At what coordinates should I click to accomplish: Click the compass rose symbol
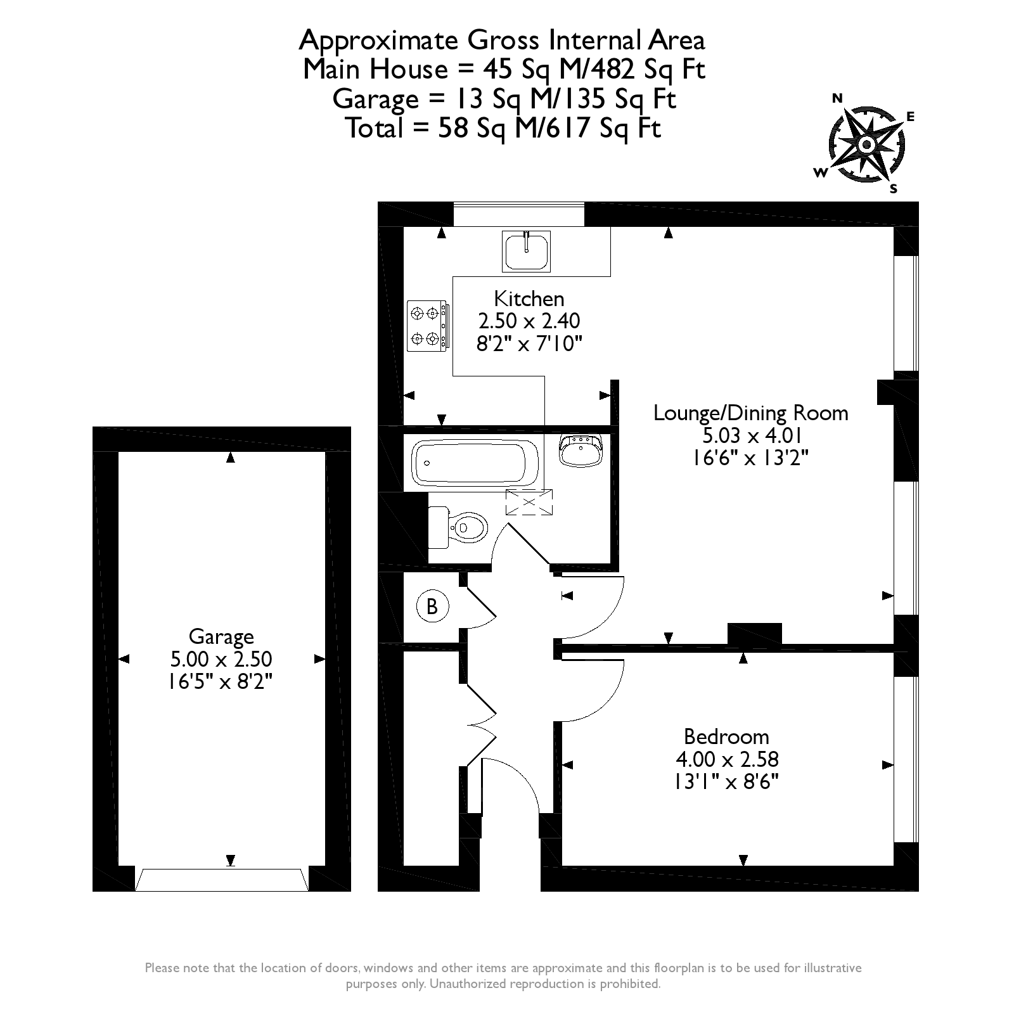tap(866, 144)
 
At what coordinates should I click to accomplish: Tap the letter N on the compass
tap(837, 98)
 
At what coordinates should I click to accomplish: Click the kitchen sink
tap(527, 251)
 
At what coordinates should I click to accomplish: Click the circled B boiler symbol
tap(432, 606)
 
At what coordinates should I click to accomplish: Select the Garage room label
tap(221, 637)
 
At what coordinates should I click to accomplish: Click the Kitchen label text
tap(529, 298)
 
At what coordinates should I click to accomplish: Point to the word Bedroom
tap(726, 736)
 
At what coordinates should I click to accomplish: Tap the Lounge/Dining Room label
tap(750, 413)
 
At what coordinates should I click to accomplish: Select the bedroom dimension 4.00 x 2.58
tap(728, 759)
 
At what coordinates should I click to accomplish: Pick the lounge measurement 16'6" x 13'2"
tap(751, 457)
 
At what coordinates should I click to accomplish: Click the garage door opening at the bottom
tap(222, 880)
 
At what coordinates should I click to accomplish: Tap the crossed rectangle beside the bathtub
tap(529, 503)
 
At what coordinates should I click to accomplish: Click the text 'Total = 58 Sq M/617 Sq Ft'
tap(504, 129)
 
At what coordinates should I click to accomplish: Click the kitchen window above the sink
tap(518, 214)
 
